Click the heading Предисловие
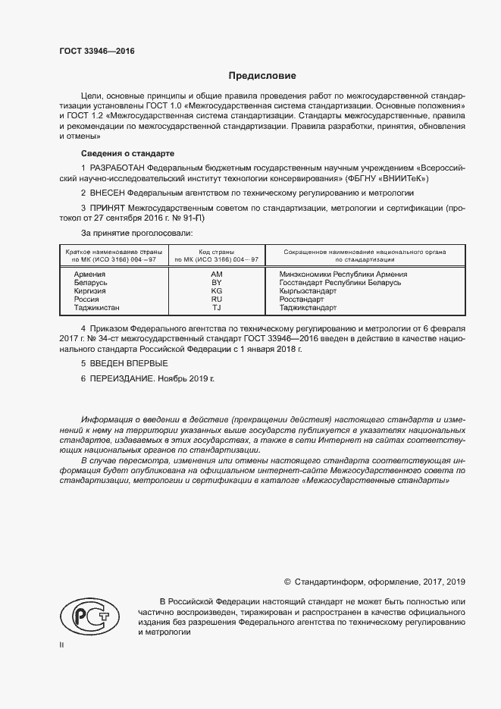(263, 76)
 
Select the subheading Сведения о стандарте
(116, 152)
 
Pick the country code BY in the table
(216, 282)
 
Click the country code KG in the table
(216, 290)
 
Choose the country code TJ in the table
(216, 308)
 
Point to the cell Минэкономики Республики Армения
(343, 274)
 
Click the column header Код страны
(216, 251)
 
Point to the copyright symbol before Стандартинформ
(287, 582)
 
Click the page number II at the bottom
(62, 645)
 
